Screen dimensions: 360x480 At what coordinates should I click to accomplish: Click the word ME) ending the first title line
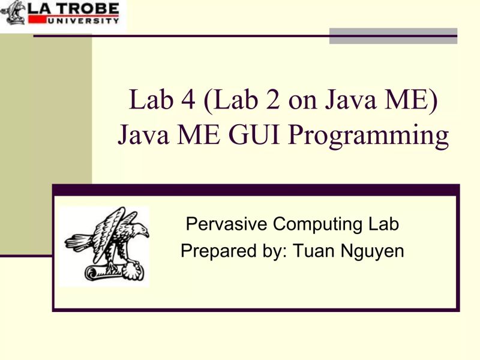[412, 102]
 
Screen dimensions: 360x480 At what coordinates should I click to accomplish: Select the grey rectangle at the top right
[393, 35]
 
